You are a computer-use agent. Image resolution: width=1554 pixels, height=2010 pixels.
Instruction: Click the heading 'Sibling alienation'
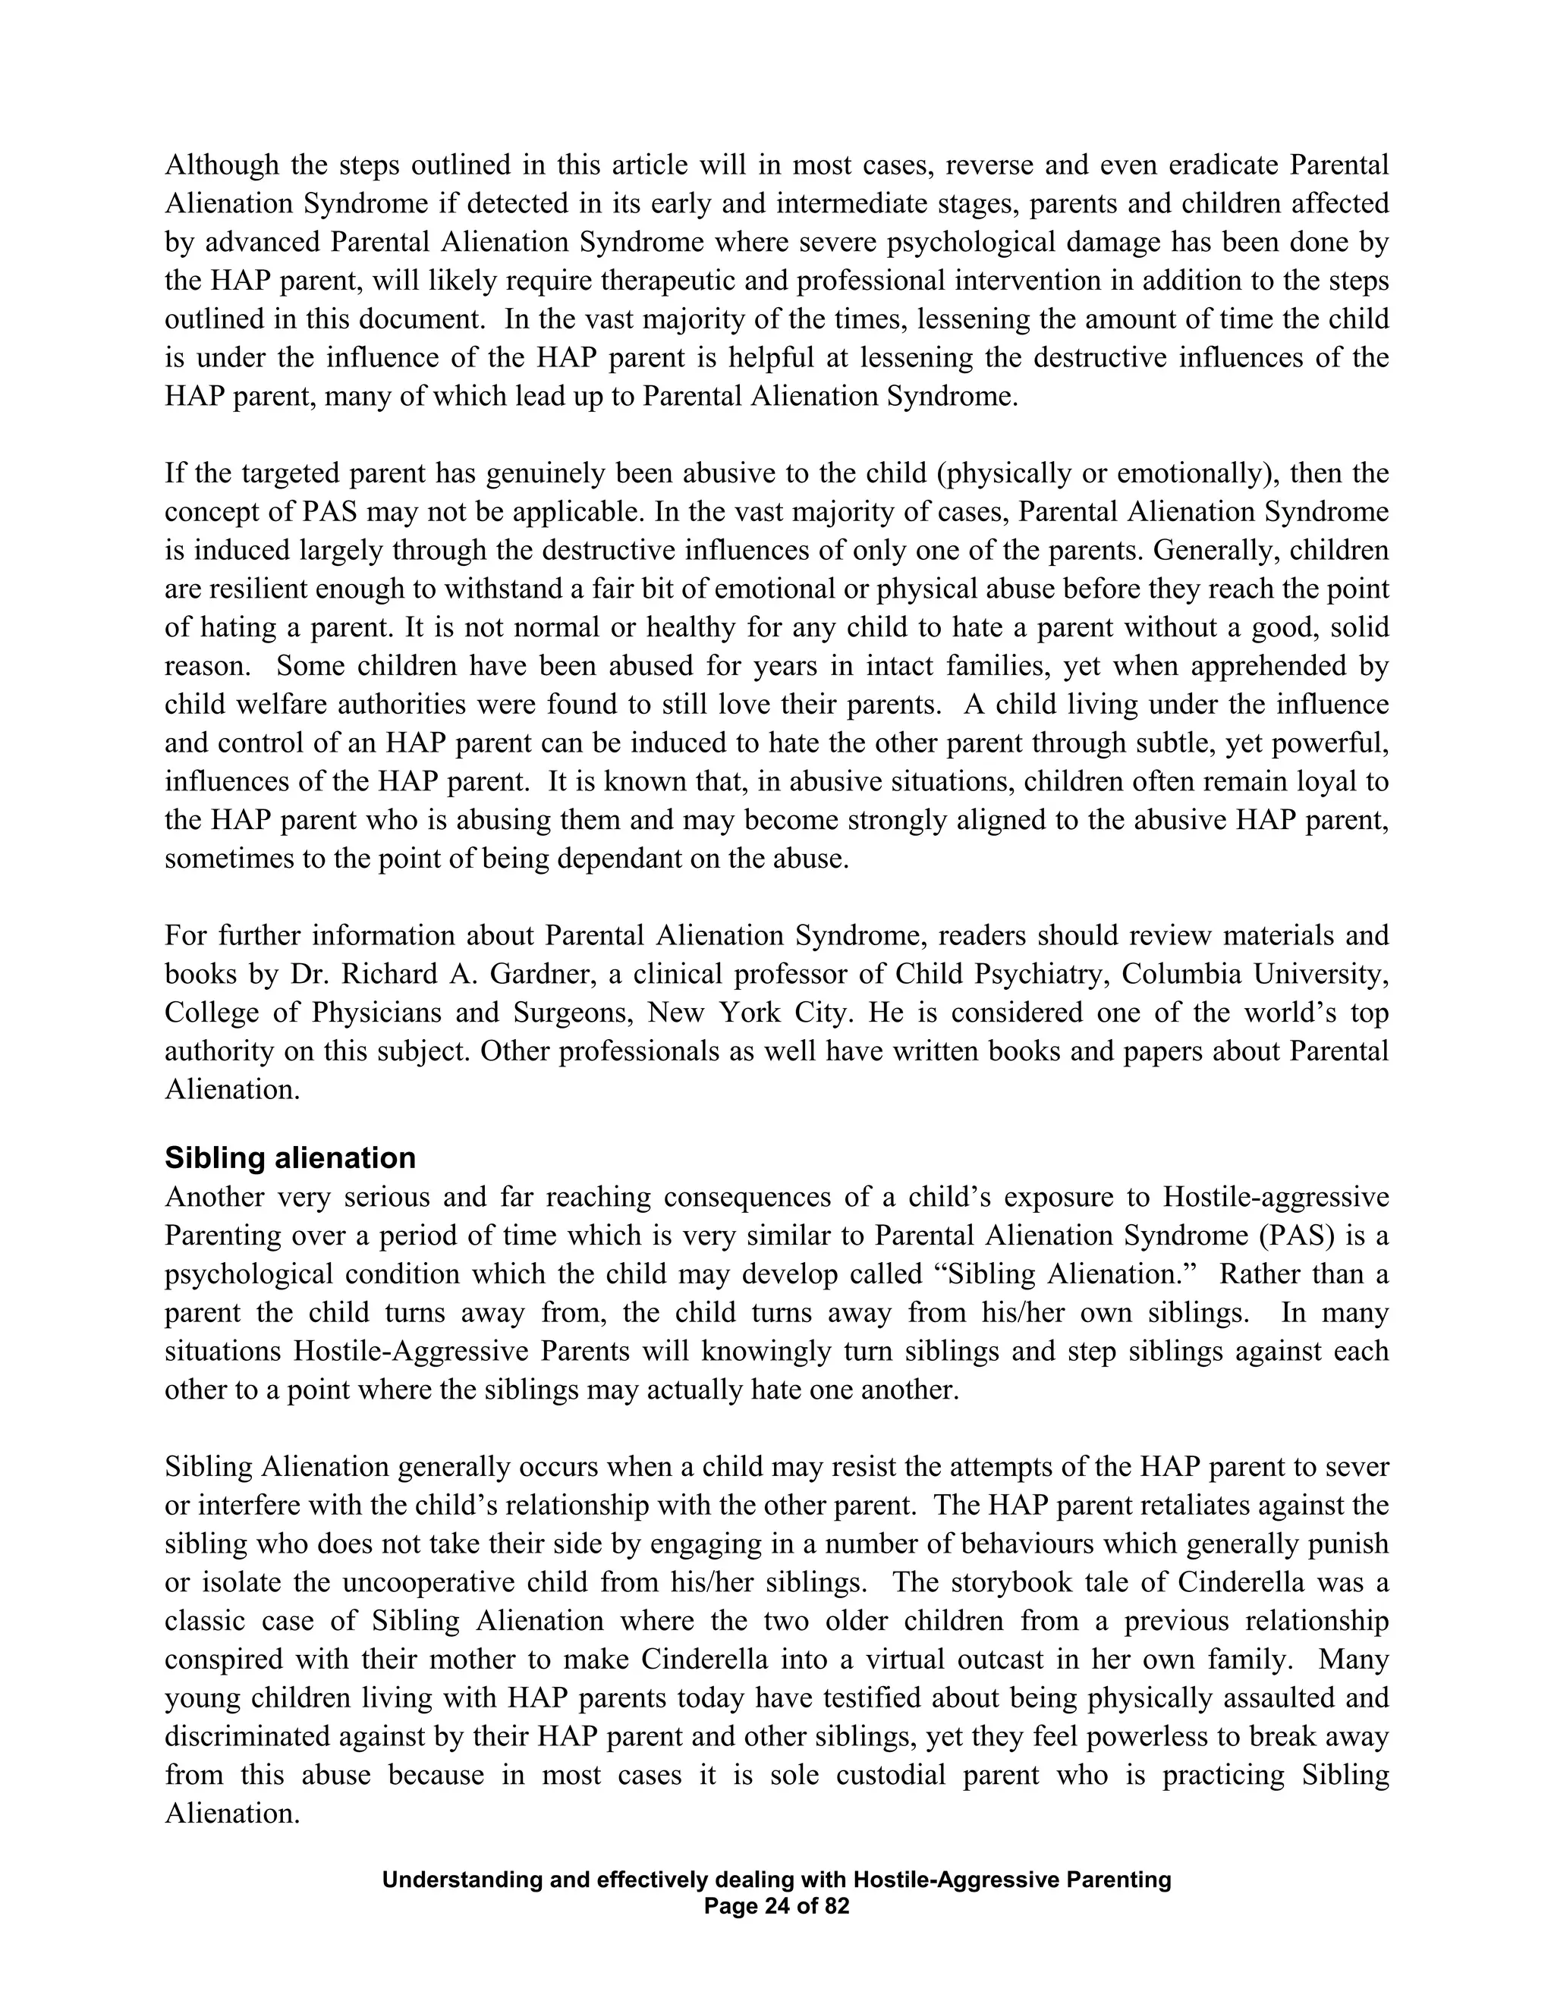click(290, 1157)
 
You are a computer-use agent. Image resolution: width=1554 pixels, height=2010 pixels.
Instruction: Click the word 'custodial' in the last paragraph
click(890, 1774)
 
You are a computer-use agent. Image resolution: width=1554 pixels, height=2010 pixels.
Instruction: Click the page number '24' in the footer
click(777, 1906)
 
